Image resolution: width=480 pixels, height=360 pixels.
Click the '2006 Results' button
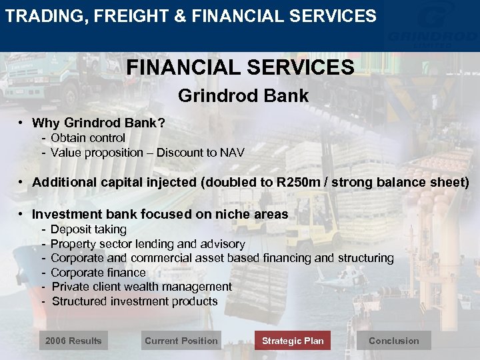pos(73,341)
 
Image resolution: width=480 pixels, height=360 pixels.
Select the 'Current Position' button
pos(181,341)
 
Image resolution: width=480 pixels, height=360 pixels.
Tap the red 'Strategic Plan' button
pos(293,341)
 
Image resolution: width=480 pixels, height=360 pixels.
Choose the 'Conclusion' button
pos(394,341)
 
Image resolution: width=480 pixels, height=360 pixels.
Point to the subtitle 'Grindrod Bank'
pos(243,96)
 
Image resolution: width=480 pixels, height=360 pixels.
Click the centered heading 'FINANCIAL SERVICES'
pos(241,67)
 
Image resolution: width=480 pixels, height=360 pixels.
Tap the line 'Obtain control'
pos(88,138)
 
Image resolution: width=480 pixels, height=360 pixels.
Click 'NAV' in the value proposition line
pos(233,153)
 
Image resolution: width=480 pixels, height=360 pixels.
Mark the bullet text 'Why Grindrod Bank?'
pos(99,123)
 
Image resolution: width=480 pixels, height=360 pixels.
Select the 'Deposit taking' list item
pos(88,229)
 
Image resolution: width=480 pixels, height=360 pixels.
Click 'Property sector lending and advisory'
pos(147,244)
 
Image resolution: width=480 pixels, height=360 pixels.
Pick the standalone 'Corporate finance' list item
pos(98,273)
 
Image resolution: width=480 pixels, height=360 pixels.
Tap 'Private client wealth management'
pos(141,287)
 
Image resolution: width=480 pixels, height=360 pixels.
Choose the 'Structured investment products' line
pos(135,301)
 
